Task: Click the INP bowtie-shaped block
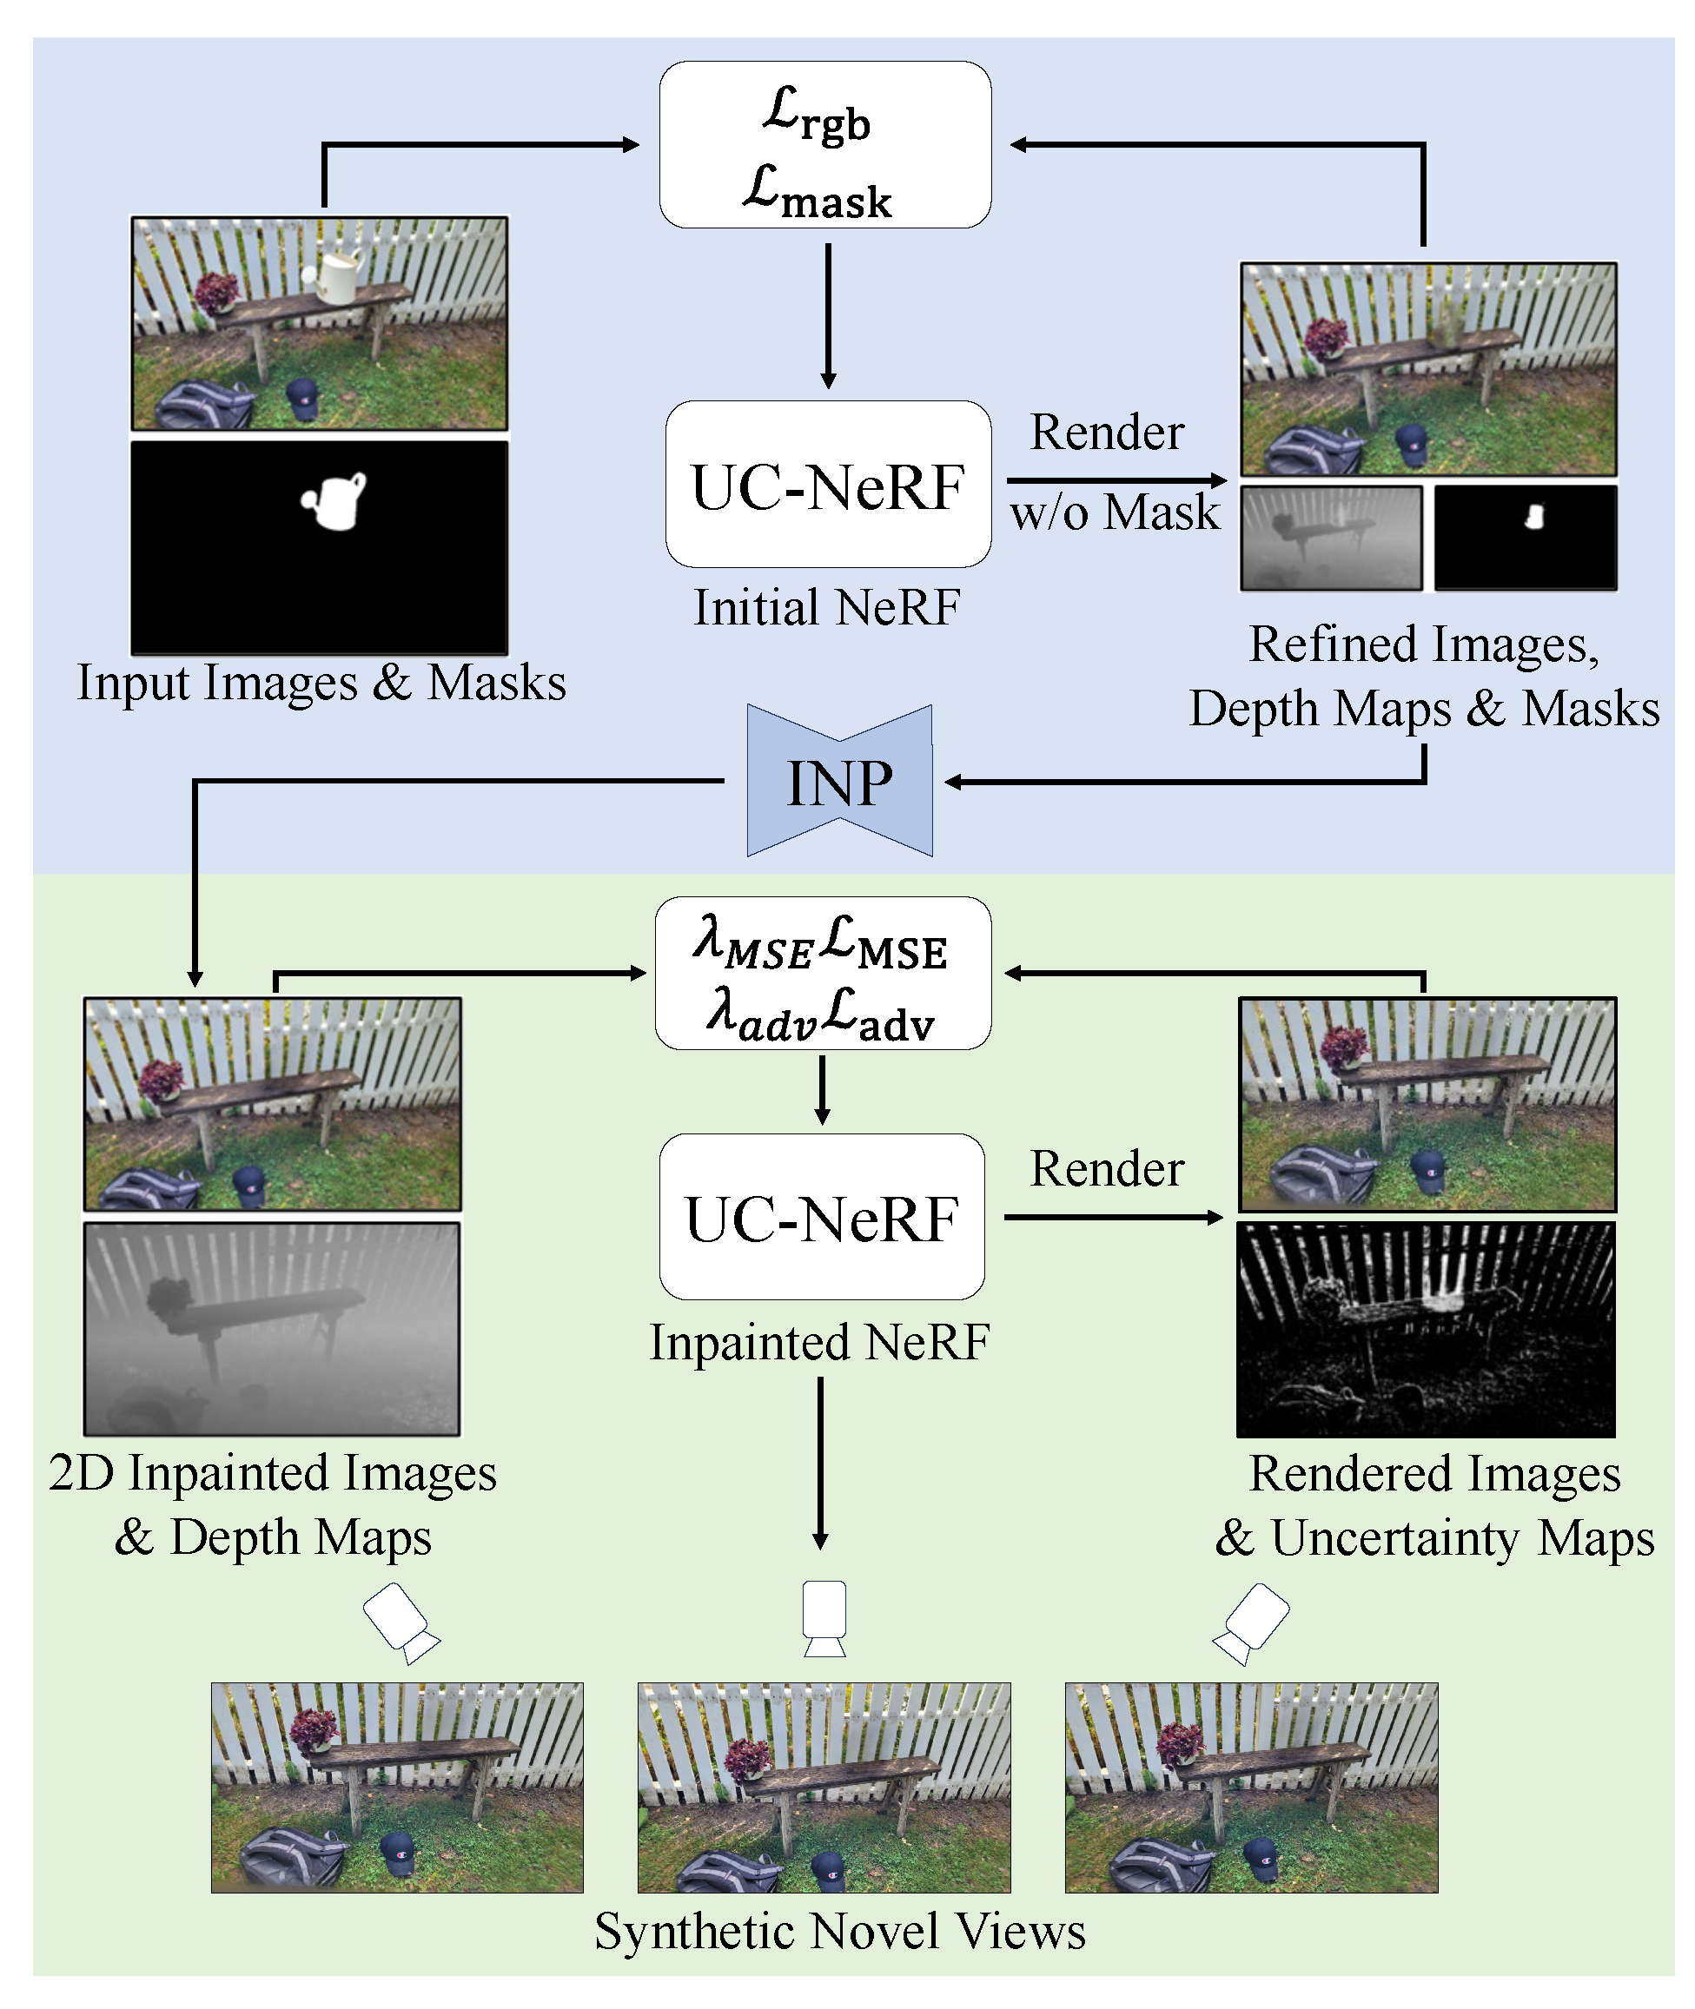pos(839,781)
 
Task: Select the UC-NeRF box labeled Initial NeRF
pos(827,485)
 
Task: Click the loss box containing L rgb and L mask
pos(824,145)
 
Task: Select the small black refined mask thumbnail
pos(1525,537)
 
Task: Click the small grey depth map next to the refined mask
pos(1331,537)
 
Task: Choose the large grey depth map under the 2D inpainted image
pos(272,1329)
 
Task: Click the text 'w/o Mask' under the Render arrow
pos(1114,512)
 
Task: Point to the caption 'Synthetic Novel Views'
pos(839,1931)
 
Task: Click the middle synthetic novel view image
pos(824,1787)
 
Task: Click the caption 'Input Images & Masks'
pos(321,683)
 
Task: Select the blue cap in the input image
pos(301,397)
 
